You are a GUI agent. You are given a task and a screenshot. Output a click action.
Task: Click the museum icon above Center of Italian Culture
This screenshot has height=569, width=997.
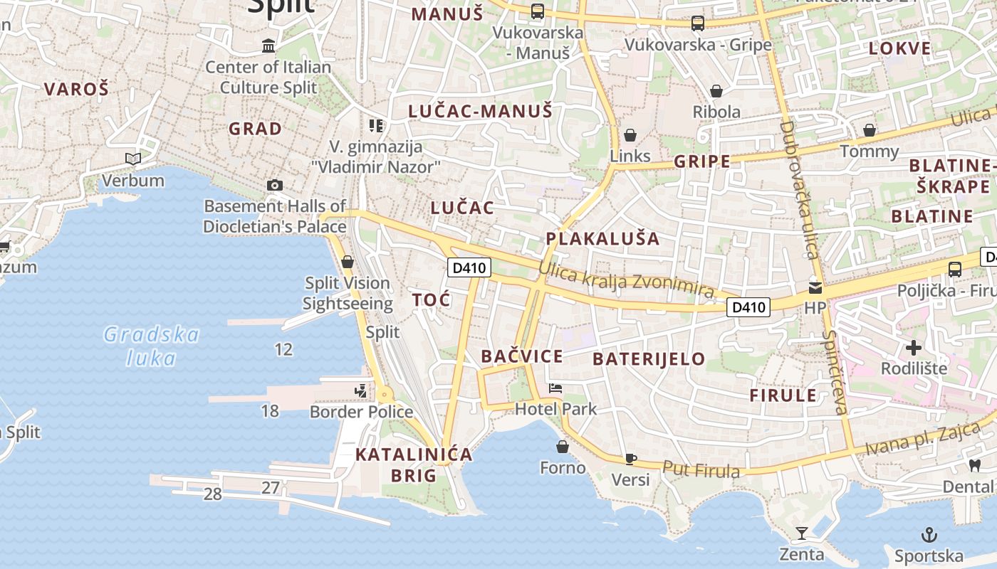point(268,46)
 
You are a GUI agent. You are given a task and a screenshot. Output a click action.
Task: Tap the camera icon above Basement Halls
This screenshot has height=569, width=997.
point(275,185)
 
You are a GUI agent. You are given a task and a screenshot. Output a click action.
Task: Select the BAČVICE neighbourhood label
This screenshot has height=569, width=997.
point(521,356)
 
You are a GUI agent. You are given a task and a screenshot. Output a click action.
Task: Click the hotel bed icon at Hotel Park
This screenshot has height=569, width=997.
point(555,388)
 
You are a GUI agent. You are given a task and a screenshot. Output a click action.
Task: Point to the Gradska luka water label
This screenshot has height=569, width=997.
point(151,346)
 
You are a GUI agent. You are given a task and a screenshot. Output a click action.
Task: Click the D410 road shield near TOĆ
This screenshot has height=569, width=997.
point(469,268)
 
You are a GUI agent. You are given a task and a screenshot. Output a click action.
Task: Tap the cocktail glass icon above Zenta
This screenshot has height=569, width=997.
point(802,533)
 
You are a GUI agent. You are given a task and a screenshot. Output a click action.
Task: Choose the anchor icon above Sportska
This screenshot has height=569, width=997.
point(929,535)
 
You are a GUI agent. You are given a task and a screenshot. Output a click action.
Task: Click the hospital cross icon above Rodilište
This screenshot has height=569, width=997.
point(914,348)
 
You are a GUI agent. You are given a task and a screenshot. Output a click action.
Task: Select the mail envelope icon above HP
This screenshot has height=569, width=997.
point(815,287)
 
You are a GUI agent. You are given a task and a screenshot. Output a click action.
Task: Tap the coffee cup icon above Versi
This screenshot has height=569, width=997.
point(630,459)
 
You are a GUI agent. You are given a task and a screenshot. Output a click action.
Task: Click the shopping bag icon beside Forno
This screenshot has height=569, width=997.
point(563,447)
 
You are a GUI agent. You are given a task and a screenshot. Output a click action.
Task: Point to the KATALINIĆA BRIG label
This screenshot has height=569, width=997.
point(414,464)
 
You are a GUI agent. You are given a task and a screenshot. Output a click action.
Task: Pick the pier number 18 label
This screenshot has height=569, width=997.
point(270,410)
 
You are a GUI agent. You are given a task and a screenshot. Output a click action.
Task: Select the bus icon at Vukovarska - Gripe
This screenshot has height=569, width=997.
point(698,23)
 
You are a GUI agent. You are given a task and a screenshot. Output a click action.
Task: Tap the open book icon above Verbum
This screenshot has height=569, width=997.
point(133,159)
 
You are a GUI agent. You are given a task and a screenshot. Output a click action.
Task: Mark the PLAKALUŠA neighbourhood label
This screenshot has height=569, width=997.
point(602,238)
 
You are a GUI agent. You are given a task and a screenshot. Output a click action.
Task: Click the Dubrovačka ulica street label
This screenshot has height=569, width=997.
point(798,190)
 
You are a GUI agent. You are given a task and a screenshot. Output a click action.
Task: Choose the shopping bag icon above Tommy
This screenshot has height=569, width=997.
point(870,130)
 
